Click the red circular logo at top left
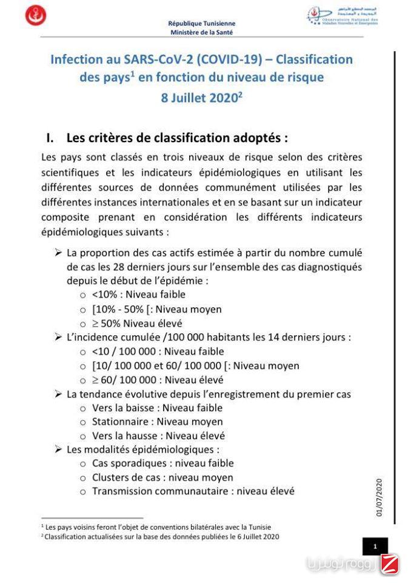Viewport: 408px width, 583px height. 36,15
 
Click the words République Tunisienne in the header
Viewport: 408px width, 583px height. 201,24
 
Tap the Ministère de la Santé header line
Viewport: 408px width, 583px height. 201,32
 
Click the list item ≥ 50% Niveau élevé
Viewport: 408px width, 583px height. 137,324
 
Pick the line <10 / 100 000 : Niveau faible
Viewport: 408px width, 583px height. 158,352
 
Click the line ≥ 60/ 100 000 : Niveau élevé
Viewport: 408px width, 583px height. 158,380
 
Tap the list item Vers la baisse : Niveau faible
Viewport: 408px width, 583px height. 157,408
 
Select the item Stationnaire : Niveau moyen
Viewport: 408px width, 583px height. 157,422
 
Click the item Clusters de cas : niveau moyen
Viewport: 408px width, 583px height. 162,478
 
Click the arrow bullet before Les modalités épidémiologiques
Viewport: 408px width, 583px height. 58,450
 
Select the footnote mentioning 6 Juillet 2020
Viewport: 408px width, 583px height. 161,537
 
